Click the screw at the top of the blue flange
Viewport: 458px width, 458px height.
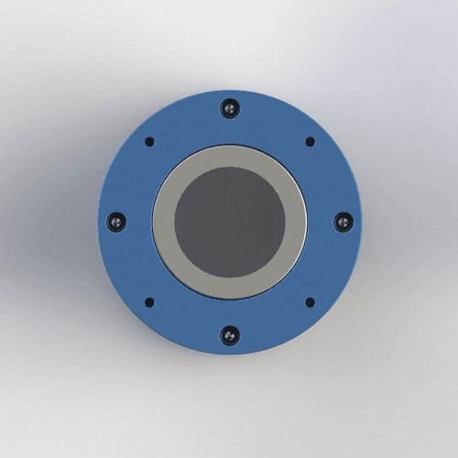click(x=229, y=109)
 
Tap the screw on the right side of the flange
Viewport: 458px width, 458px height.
click(x=343, y=222)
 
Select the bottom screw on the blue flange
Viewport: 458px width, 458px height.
click(x=229, y=335)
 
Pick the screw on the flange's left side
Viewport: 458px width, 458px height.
click(x=115, y=222)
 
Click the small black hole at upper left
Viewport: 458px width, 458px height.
click(x=149, y=142)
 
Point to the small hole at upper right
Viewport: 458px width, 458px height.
click(x=310, y=142)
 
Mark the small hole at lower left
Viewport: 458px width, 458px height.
click(x=149, y=302)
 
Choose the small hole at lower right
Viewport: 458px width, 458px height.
click(x=310, y=302)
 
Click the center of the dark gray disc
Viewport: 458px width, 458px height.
click(x=229, y=223)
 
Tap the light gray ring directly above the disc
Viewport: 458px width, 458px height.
click(x=229, y=157)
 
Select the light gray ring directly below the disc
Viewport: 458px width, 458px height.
click(x=229, y=289)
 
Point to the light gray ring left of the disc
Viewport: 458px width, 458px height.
click(x=163, y=223)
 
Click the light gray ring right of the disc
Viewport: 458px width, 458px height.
click(x=295, y=223)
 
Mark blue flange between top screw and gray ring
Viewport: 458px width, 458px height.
click(x=229, y=130)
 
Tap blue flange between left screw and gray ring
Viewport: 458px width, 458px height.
click(x=136, y=223)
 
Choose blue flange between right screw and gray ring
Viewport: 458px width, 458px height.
click(x=322, y=223)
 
